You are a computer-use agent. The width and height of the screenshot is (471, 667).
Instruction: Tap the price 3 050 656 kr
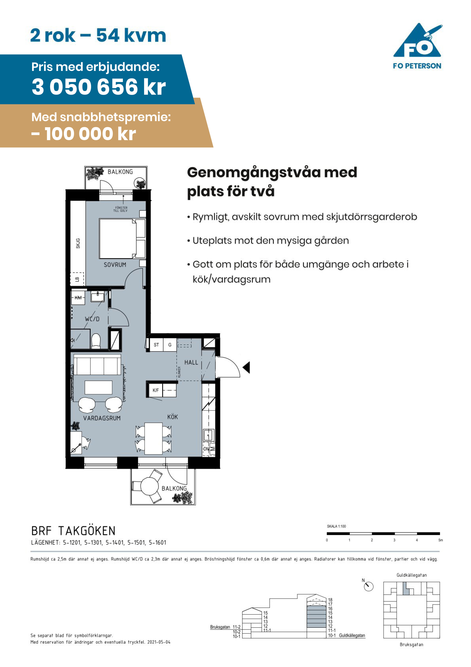[x=99, y=87]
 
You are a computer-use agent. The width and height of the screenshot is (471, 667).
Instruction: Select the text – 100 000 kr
[x=84, y=134]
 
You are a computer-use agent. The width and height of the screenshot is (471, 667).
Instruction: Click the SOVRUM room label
[x=115, y=265]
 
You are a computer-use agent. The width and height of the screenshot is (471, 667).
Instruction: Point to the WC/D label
[x=92, y=319]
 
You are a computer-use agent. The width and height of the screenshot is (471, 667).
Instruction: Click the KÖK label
[x=172, y=417]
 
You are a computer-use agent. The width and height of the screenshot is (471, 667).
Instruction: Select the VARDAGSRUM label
[x=102, y=418]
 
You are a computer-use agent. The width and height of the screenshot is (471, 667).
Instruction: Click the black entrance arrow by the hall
[x=246, y=368]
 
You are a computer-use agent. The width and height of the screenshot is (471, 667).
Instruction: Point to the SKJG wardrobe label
[x=78, y=243]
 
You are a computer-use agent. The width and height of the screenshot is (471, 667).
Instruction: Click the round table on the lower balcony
[x=150, y=486]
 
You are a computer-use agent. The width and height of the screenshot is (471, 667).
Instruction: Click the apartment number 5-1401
[x=115, y=542]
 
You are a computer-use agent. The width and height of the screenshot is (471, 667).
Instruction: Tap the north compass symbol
[x=368, y=586]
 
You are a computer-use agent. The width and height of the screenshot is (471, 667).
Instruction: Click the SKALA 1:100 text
[x=336, y=526]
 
